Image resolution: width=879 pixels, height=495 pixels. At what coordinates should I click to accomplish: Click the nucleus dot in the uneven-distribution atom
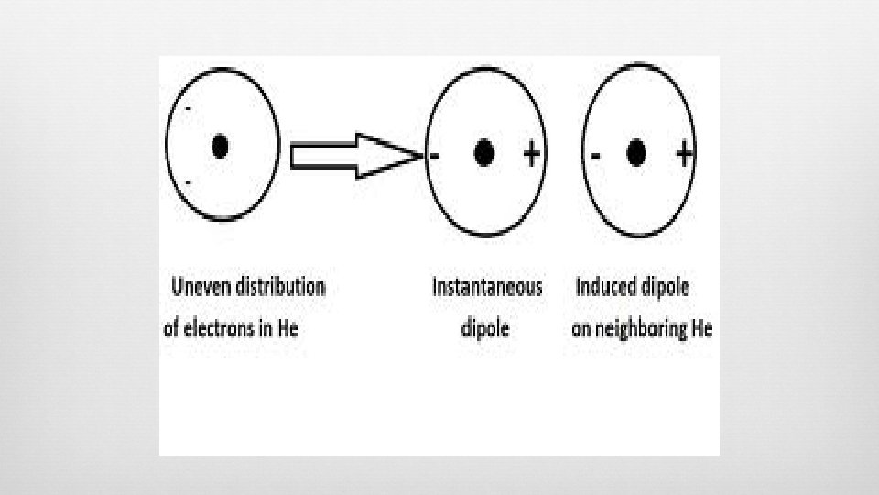click(220, 146)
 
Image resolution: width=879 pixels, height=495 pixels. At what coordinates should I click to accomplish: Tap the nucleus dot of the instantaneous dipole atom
click(484, 153)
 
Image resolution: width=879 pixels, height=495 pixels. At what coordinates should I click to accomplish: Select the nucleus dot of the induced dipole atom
click(636, 153)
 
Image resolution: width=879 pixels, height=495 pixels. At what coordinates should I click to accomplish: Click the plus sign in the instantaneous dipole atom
click(531, 154)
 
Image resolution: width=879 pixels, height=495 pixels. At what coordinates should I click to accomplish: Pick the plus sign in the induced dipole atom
click(683, 154)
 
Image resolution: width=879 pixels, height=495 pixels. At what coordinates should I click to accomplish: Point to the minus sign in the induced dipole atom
click(596, 155)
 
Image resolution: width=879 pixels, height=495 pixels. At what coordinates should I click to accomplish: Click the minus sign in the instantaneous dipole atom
click(434, 156)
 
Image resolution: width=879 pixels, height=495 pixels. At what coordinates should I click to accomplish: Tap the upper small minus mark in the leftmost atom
click(189, 109)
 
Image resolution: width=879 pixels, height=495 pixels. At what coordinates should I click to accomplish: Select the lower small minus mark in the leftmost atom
click(188, 183)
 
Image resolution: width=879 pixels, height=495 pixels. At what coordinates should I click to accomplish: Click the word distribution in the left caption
click(281, 287)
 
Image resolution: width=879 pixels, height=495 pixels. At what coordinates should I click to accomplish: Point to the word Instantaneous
click(487, 287)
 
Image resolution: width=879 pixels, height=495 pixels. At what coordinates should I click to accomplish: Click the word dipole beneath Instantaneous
click(484, 328)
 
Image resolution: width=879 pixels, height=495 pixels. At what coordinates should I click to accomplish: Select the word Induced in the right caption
click(607, 287)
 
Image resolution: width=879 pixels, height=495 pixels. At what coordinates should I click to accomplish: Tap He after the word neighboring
click(701, 328)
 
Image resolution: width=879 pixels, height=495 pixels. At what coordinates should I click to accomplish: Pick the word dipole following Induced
click(667, 287)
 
